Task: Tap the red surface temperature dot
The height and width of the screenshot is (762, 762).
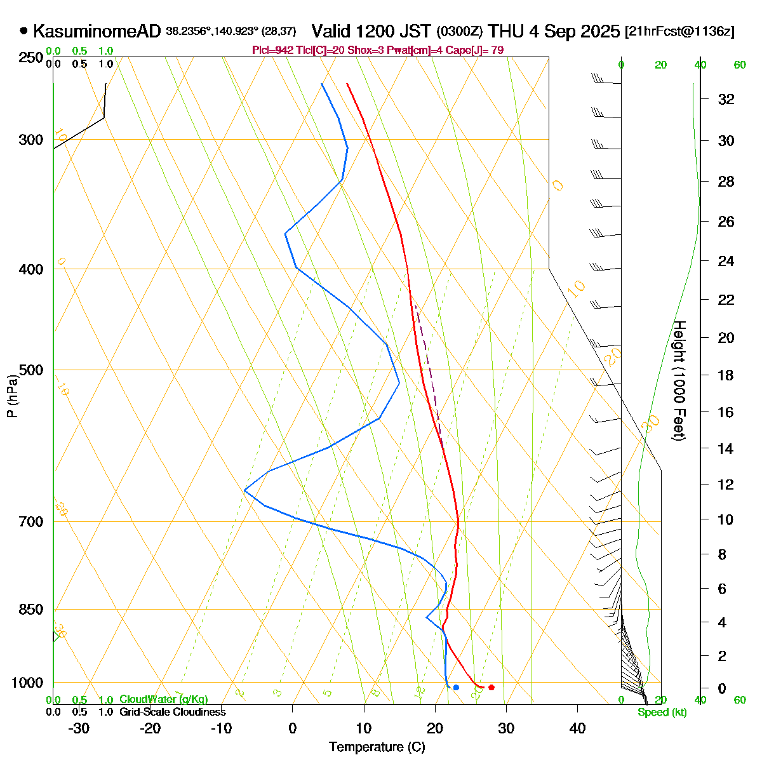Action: click(491, 687)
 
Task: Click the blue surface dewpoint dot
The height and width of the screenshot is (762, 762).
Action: click(456, 687)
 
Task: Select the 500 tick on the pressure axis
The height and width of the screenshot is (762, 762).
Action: click(31, 370)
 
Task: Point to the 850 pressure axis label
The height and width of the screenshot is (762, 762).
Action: click(31, 609)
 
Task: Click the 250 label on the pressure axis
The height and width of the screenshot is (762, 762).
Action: click(31, 58)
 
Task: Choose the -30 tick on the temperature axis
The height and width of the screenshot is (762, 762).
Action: click(79, 728)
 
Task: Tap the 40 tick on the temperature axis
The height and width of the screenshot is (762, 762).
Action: click(577, 728)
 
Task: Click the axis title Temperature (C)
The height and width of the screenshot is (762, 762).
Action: click(377, 747)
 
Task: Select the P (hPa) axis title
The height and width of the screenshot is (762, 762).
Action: click(12, 395)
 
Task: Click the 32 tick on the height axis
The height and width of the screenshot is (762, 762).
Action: click(726, 99)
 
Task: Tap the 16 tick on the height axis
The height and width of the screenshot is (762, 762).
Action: click(726, 412)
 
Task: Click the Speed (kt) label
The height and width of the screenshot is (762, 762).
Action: click(662, 712)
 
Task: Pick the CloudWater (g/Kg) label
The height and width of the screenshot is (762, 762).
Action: click(163, 699)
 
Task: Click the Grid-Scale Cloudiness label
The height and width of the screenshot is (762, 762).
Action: click(172, 712)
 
